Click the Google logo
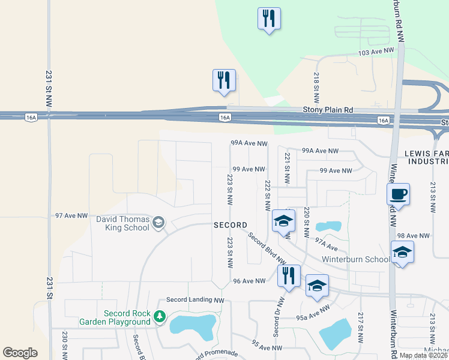(x=20, y=353)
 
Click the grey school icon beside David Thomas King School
(x=158, y=223)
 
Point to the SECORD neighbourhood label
(x=231, y=225)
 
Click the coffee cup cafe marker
(x=398, y=194)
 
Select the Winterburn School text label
(x=347, y=260)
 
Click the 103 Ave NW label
(x=376, y=53)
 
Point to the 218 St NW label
(x=316, y=86)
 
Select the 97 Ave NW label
(x=71, y=215)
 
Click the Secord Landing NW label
(x=195, y=300)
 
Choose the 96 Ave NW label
(x=249, y=281)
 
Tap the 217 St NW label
(x=361, y=327)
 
